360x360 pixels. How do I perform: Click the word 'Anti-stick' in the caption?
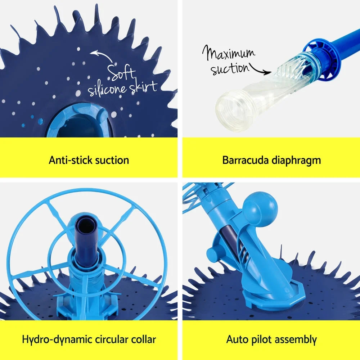click(x=68, y=160)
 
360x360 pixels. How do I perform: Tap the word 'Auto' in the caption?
click(x=237, y=339)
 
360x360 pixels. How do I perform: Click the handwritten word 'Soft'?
click(x=122, y=74)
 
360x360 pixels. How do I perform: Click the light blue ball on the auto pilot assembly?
click(x=260, y=209)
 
